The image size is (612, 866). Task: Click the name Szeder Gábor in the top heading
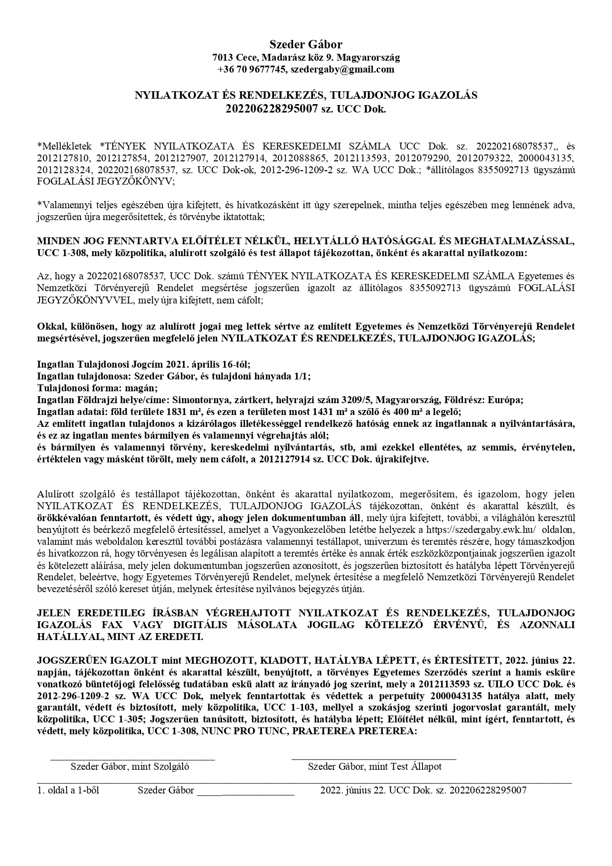(306, 44)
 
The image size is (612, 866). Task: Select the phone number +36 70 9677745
(252, 70)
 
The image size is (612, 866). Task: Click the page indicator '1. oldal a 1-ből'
(68, 790)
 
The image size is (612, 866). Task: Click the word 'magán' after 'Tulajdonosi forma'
(143, 388)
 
